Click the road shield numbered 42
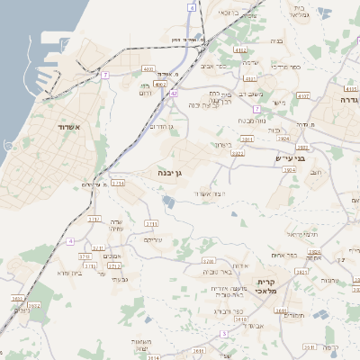click(x=174, y=93)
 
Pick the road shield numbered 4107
click(x=303, y=94)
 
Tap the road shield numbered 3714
click(x=118, y=183)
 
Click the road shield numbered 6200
click(x=209, y=260)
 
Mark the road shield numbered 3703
click(x=85, y=256)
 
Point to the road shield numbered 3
click(x=200, y=335)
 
